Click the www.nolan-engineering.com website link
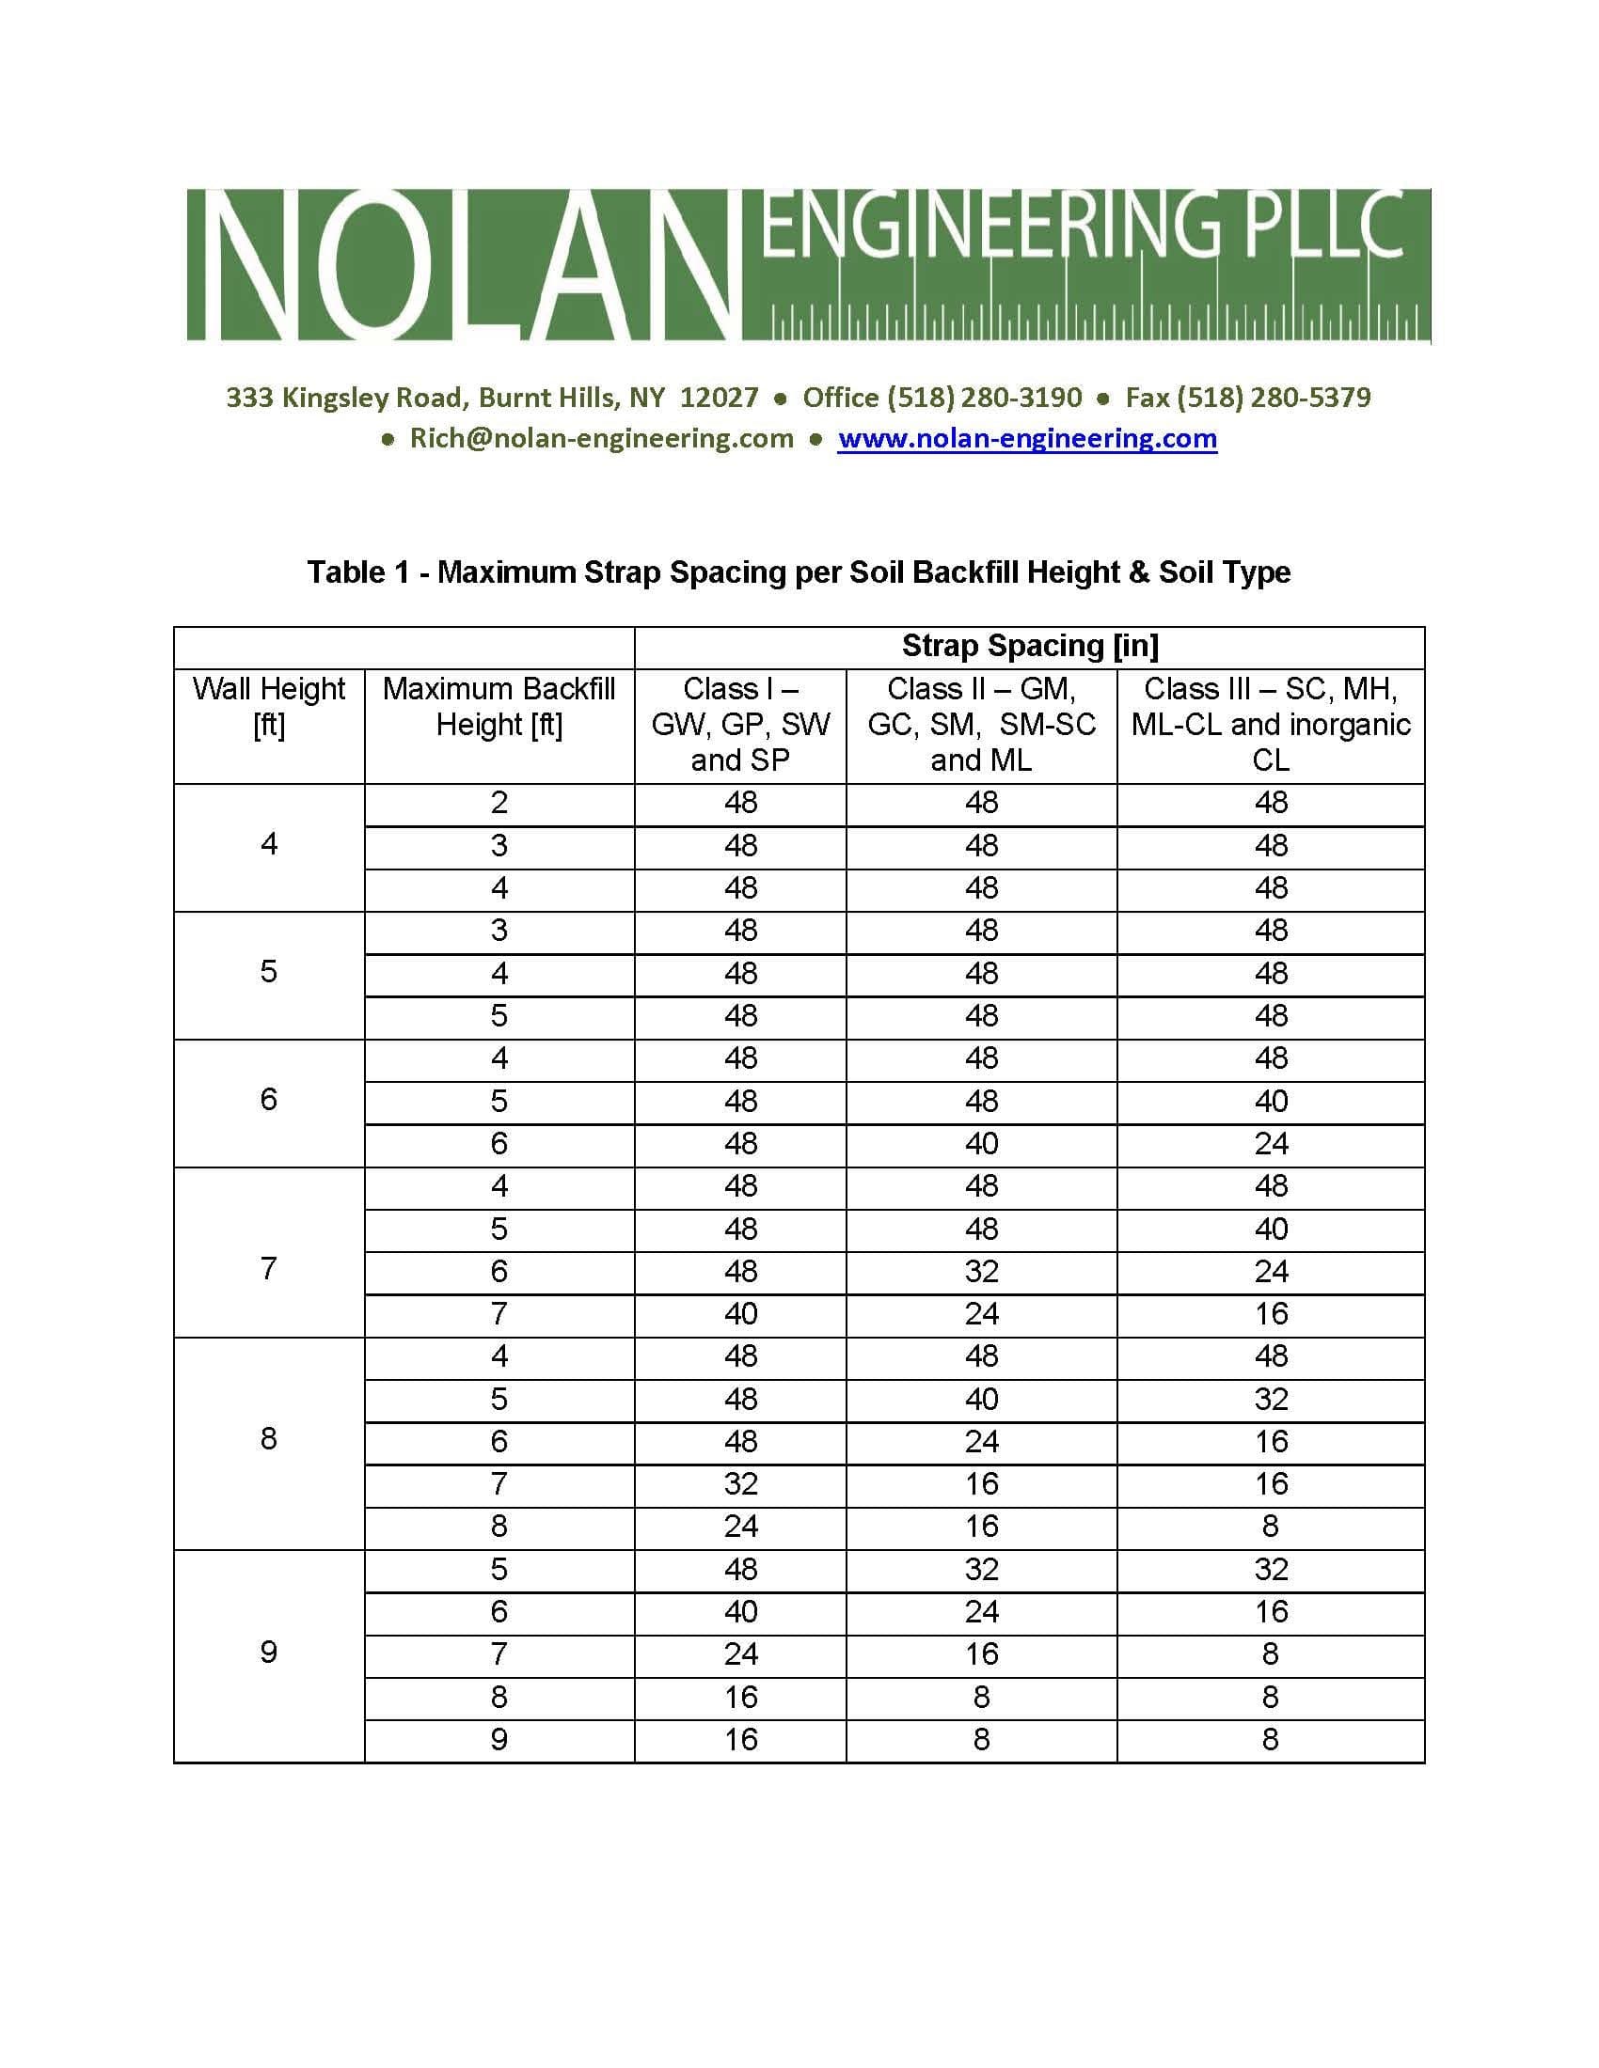pos(1027,438)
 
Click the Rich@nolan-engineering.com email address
pos(601,438)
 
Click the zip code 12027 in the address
pos(719,397)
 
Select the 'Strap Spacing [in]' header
pos(1030,646)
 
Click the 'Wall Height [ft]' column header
pos(269,706)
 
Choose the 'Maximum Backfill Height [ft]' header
pos(499,706)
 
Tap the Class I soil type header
pos(740,725)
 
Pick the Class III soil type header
pos(1271,725)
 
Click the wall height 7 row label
pos(269,1268)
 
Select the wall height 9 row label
pos(269,1652)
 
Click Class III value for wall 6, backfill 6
pos(1271,1144)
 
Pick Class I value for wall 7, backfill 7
pos(740,1313)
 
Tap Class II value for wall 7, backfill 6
pos(981,1271)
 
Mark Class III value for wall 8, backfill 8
pos(1271,1527)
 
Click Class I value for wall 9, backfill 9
pos(740,1738)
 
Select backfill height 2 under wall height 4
pos(499,803)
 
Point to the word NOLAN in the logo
pos(464,265)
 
